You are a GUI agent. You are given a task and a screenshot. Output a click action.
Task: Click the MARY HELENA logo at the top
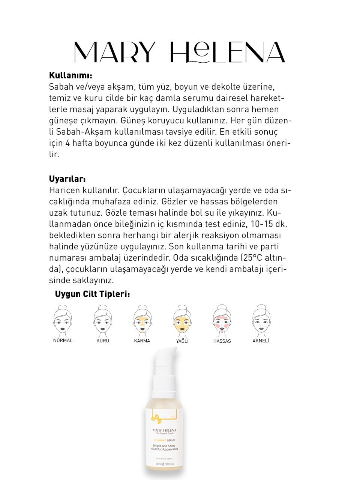[179, 52]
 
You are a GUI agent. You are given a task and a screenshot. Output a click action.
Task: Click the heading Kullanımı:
[70, 75]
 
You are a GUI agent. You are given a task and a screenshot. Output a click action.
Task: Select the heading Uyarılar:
[67, 178]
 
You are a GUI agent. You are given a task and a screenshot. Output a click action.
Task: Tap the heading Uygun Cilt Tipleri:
[92, 294]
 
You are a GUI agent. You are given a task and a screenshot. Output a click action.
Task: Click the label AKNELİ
[261, 341]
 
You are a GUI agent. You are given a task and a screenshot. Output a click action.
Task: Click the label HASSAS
[222, 341]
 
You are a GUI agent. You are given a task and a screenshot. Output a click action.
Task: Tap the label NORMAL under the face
[63, 340]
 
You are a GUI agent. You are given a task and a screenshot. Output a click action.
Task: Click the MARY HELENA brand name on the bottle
[164, 430]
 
